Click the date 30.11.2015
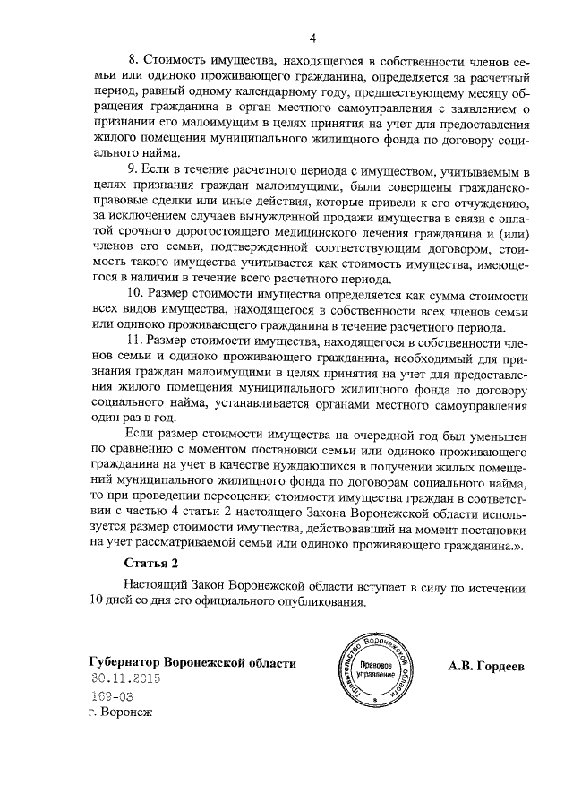pos(126,679)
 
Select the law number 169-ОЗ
pos(112,695)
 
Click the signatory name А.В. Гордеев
pos(487,666)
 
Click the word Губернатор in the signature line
pos(131,663)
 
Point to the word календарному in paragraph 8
pos(292,93)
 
